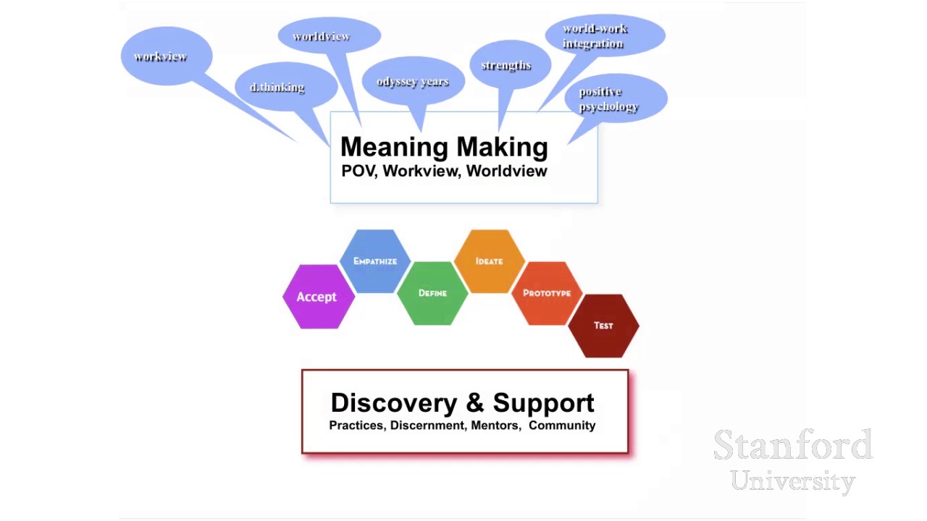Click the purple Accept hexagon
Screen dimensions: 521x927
317,297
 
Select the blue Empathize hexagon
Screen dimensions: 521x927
375,261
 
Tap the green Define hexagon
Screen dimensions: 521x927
432,293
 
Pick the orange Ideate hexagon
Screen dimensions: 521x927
490,261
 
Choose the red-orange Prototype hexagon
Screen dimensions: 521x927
547,293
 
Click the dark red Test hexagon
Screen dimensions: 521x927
603,326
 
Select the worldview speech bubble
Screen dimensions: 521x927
327,36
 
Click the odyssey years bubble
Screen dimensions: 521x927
413,81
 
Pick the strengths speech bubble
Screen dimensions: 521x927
507,65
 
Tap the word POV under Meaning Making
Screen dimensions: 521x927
358,171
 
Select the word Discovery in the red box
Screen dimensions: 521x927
393,403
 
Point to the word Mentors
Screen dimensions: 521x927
495,425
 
